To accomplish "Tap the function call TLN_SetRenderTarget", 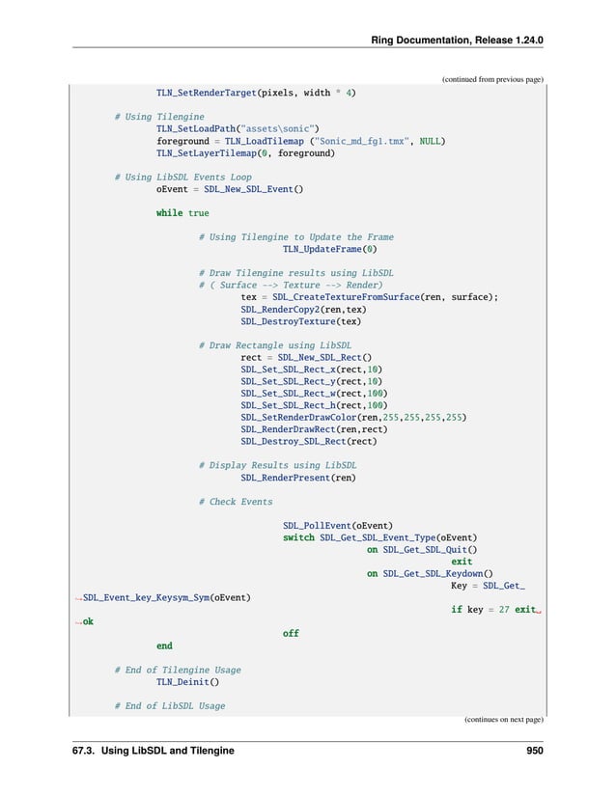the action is coord(206,93).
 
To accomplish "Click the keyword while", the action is coord(170,213).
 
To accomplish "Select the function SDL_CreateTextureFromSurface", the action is coord(345,297).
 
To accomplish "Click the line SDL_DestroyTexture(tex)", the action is coord(300,321).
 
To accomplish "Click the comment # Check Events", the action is coord(235,502).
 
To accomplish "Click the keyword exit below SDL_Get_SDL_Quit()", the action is coord(462,562).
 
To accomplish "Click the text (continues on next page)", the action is coord(503,719).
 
